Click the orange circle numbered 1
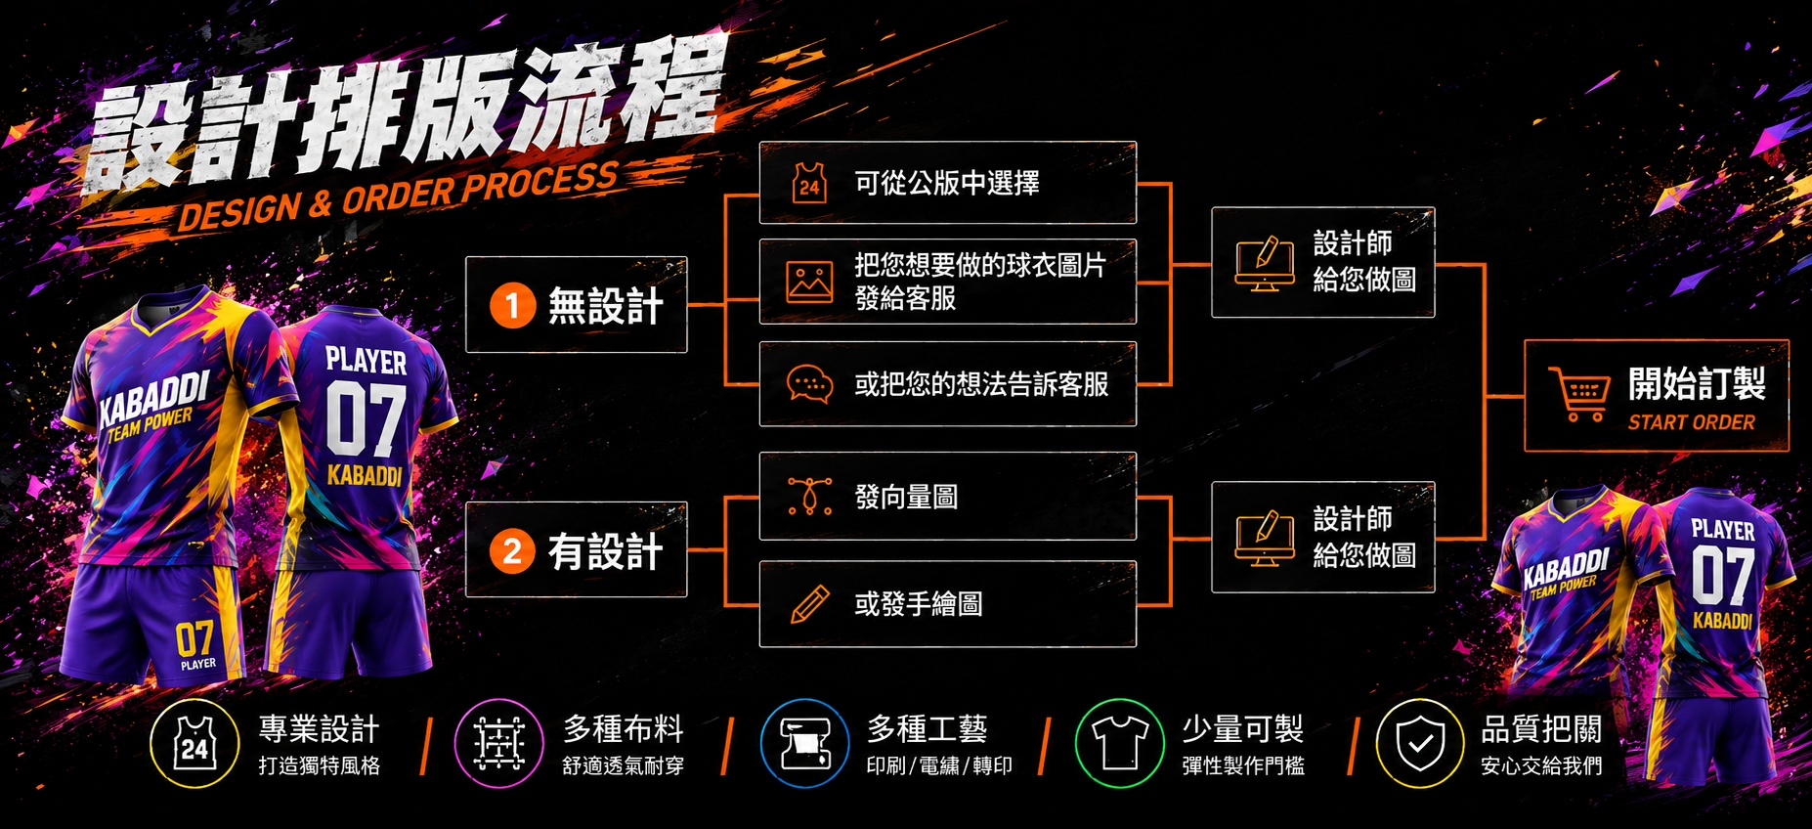(512, 305)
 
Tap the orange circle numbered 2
(512, 550)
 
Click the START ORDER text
(1691, 422)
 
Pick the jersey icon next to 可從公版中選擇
(809, 183)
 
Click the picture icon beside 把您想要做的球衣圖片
(810, 282)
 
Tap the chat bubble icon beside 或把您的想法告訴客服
(810, 384)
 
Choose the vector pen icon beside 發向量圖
(810, 496)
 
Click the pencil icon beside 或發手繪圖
(810, 604)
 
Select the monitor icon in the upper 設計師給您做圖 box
(1265, 263)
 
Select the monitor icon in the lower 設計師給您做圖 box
(1265, 539)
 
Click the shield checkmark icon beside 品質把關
(1421, 743)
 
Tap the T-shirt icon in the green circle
(1120, 742)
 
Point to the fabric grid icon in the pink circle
(499, 743)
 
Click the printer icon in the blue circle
(805, 743)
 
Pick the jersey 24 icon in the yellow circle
(194, 744)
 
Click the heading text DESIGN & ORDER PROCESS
(398, 197)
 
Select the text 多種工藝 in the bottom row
(927, 728)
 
